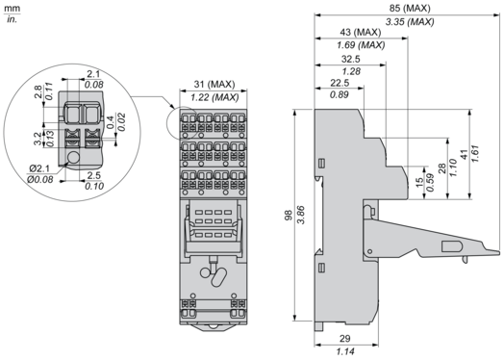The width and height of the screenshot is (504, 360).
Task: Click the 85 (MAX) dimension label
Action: (410, 8)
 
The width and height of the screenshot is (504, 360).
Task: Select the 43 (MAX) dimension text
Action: (361, 32)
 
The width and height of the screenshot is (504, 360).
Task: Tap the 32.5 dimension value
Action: (351, 59)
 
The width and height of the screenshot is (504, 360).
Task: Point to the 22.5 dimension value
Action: (340, 83)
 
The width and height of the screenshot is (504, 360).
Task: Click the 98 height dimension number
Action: (289, 215)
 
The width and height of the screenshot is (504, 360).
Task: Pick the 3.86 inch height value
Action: (301, 215)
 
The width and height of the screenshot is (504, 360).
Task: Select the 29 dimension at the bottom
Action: (345, 339)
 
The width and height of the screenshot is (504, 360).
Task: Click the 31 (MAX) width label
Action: (214, 85)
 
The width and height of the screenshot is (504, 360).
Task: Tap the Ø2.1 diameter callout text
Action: (39, 168)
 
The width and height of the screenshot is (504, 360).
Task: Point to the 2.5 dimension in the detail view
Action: (94, 175)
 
